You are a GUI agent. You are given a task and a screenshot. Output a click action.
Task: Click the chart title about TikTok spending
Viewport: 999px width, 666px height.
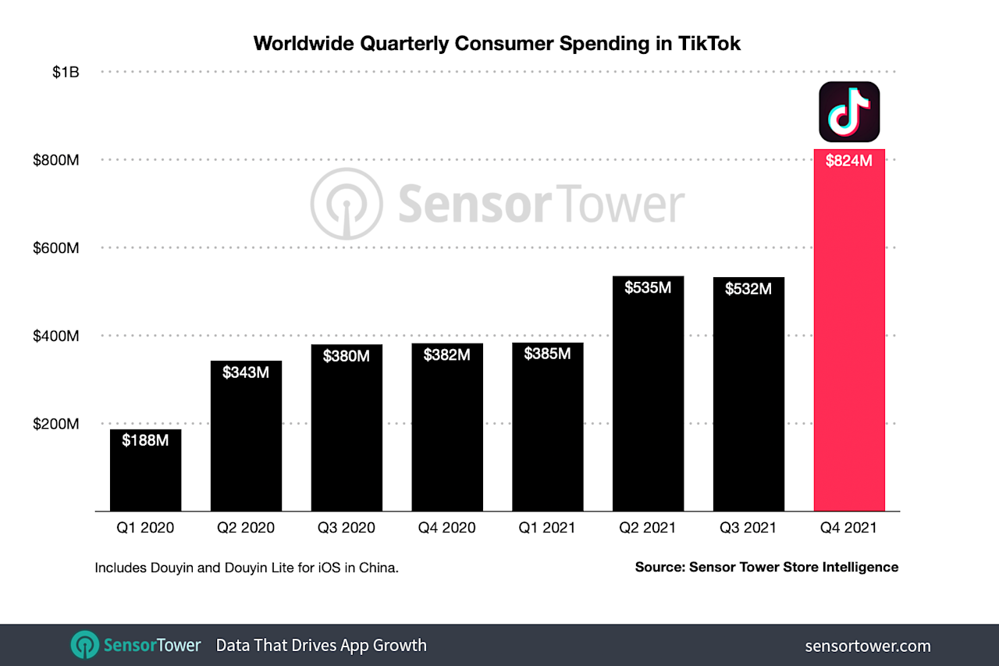(x=497, y=44)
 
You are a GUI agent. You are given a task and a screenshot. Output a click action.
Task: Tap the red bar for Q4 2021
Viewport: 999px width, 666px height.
(x=849, y=336)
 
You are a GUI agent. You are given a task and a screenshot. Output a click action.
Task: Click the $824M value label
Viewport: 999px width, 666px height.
(x=849, y=161)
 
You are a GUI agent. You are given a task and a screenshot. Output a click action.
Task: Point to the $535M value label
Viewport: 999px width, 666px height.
(x=648, y=287)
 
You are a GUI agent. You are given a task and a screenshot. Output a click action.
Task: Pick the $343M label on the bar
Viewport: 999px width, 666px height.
(x=246, y=372)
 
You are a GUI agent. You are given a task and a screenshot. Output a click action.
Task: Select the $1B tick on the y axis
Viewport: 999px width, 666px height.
(x=66, y=72)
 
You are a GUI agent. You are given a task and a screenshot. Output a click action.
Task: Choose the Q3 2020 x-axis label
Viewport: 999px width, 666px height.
(x=347, y=528)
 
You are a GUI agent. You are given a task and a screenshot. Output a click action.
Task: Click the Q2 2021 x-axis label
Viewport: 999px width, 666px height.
(x=648, y=528)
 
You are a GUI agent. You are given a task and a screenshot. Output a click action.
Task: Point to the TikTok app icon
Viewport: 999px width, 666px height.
(x=849, y=112)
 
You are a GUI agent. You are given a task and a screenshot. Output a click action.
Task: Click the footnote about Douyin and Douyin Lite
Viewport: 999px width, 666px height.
(x=247, y=568)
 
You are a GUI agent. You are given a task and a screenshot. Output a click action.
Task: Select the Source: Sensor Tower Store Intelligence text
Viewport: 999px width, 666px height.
(x=766, y=568)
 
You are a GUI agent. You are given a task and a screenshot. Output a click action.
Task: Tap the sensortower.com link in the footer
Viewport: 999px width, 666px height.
(x=867, y=646)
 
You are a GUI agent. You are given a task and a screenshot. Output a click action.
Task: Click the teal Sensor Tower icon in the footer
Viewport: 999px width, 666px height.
(x=84, y=646)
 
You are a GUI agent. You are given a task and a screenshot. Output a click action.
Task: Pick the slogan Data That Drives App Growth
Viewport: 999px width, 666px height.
(x=321, y=646)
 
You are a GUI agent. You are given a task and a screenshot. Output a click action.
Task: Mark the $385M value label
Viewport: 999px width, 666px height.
(x=547, y=354)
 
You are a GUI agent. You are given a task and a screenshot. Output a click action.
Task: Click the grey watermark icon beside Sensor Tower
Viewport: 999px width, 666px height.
(x=347, y=205)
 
